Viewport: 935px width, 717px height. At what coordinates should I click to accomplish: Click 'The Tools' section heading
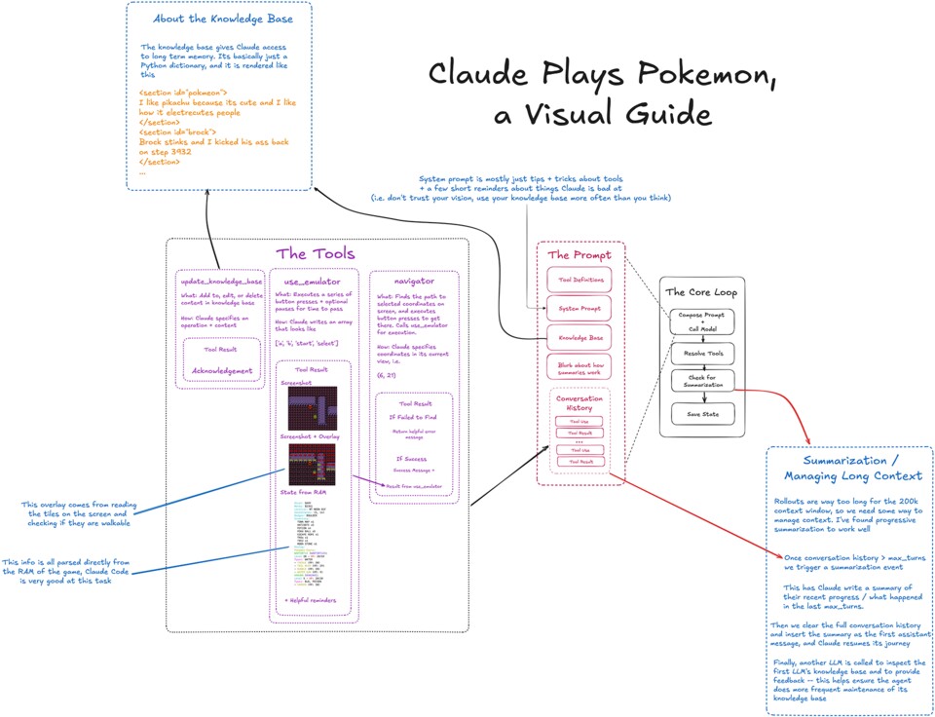316,254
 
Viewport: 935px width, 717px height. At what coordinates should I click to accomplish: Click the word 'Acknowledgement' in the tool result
222,370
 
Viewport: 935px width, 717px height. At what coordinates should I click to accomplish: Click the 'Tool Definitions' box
580,280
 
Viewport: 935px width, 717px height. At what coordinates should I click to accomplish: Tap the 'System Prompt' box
580,309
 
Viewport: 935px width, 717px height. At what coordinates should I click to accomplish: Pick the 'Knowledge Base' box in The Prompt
580,338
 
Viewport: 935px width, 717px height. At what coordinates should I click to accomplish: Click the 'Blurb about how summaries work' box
580,369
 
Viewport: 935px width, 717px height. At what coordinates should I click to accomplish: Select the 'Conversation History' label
580,403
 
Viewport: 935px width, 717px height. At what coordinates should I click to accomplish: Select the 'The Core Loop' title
701,291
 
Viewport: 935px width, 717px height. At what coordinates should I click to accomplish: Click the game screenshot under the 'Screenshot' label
311,409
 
